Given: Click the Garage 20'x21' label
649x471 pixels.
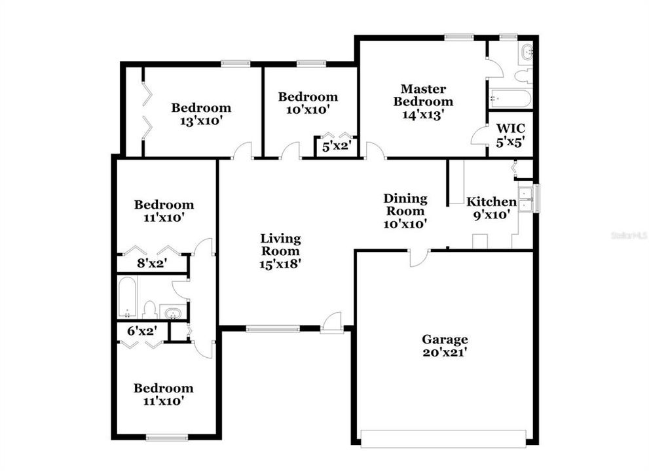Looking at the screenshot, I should (444, 345).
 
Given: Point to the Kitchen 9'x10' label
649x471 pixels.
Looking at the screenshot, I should (491, 208).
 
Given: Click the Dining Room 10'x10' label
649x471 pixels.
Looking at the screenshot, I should (405, 211).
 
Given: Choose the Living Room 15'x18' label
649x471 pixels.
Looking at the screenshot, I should (280, 251).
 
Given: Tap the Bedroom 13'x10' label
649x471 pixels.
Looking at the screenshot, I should (201, 114).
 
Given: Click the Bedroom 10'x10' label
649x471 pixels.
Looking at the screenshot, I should (308, 103).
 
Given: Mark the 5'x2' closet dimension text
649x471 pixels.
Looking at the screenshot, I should (336, 147).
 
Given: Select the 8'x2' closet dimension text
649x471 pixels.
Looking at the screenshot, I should (151, 264).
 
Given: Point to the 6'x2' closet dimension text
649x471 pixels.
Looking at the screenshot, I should (142, 331).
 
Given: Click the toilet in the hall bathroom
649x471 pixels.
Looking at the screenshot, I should (149, 309).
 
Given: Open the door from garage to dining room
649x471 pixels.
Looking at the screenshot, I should (418, 257).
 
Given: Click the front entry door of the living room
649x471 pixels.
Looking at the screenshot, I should (332, 323).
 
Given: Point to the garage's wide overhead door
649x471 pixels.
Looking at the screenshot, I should (443, 438).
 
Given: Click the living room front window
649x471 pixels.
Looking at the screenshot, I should (272, 328).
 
